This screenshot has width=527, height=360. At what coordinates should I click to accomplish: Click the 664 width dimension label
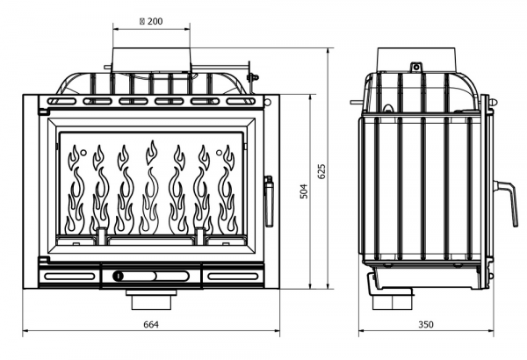[151, 324]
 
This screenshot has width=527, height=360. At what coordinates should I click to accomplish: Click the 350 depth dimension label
[426, 324]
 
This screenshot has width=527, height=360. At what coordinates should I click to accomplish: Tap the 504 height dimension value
[304, 191]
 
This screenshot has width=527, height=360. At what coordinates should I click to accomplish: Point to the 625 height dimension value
[321, 171]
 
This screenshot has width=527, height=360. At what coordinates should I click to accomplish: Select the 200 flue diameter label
[151, 21]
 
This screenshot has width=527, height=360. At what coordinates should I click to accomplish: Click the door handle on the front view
[269, 201]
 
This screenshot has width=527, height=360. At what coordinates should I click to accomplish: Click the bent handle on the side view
[506, 203]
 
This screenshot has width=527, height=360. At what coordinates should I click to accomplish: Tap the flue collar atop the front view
[152, 60]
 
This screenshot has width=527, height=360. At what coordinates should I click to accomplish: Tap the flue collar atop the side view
[416, 60]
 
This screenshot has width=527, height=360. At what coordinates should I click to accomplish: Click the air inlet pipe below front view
[151, 299]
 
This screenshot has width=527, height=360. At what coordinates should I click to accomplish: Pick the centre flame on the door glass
[150, 188]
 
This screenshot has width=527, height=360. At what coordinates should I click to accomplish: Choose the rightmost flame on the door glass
[227, 190]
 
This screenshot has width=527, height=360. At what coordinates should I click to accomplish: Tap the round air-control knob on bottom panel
[119, 277]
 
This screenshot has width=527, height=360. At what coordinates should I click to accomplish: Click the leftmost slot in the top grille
[61, 101]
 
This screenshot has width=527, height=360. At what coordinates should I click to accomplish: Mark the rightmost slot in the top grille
[241, 101]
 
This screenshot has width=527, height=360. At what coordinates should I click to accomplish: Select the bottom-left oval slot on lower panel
[69, 277]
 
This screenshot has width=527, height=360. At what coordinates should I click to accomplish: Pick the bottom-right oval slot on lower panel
[233, 277]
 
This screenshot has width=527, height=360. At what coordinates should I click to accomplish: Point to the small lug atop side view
[416, 67]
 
